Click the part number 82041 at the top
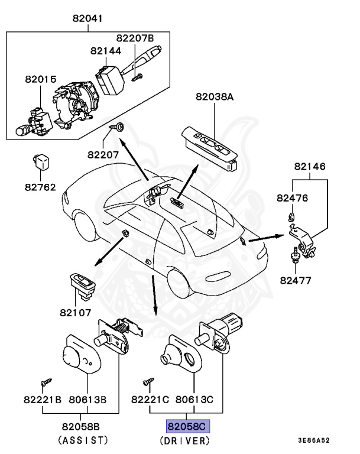click(87, 18)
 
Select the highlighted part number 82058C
click(187, 426)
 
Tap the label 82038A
click(215, 96)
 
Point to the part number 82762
click(40, 187)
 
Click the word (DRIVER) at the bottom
click(185, 440)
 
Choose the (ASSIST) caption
click(83, 440)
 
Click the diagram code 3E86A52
click(314, 440)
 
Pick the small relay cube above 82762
click(41, 162)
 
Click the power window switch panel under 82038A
click(210, 148)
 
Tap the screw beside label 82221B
click(46, 382)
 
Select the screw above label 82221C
click(148, 382)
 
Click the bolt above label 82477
click(295, 255)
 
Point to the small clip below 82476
click(291, 216)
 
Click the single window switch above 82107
click(83, 286)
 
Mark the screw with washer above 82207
click(116, 127)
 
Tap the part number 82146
click(310, 166)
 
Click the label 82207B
click(135, 38)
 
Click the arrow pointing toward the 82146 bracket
click(267, 238)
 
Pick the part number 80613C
click(194, 400)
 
